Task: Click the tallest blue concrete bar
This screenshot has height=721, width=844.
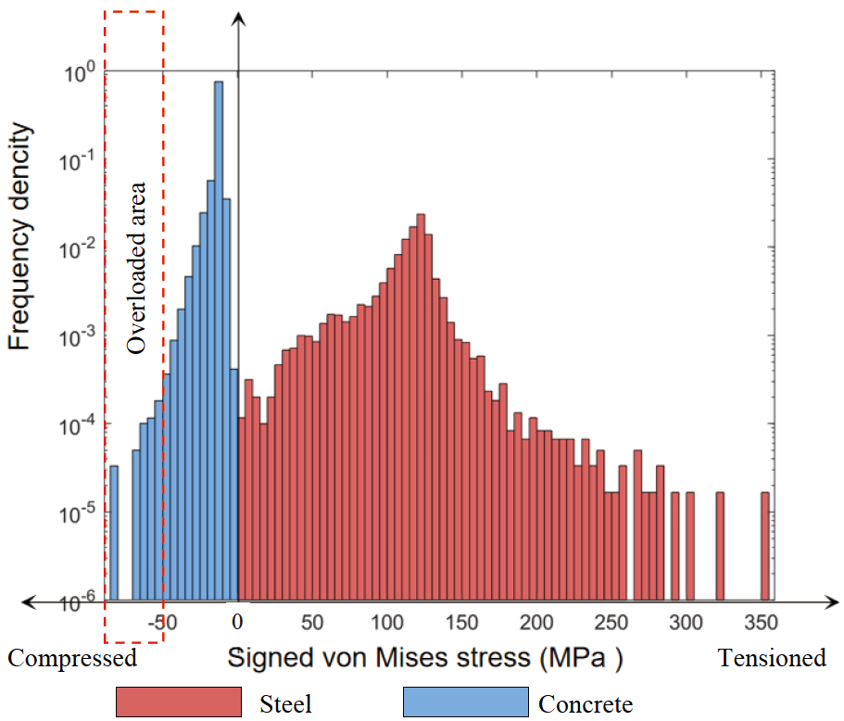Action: tap(219, 343)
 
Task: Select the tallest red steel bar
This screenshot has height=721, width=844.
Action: tap(421, 408)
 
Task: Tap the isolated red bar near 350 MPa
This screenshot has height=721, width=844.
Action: tap(765, 547)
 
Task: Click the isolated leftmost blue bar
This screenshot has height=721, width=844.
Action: tap(114, 533)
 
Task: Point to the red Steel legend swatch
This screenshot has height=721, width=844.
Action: tap(178, 702)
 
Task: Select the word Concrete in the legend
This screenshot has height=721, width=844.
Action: tap(586, 704)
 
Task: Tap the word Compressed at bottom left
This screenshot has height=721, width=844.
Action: tap(72, 658)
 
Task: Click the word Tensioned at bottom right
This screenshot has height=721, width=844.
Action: tap(772, 658)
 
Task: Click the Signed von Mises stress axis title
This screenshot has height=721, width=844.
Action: tap(424, 659)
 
